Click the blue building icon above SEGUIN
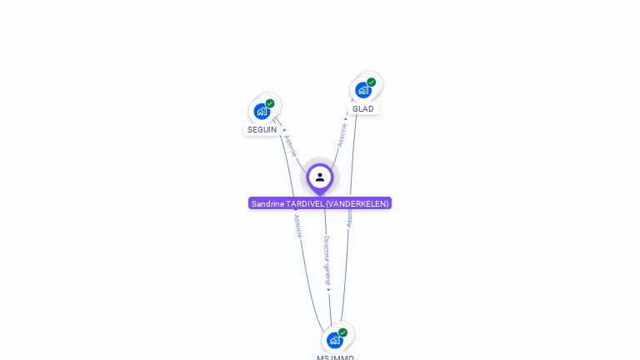[262, 111]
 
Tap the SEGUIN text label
[262, 130]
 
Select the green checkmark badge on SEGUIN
[270, 103]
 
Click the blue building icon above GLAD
[362, 90]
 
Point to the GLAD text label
[362, 109]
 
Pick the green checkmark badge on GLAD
[371, 82]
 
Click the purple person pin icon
[320, 177]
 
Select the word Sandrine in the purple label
[267, 203]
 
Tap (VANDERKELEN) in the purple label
[357, 203]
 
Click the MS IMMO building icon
[334, 340]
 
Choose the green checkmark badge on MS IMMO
[342, 332]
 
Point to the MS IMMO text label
[335, 357]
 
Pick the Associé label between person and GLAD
[342, 135]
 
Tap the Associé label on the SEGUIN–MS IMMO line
[297, 227]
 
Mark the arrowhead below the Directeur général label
[328, 290]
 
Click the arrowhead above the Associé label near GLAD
[346, 118]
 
